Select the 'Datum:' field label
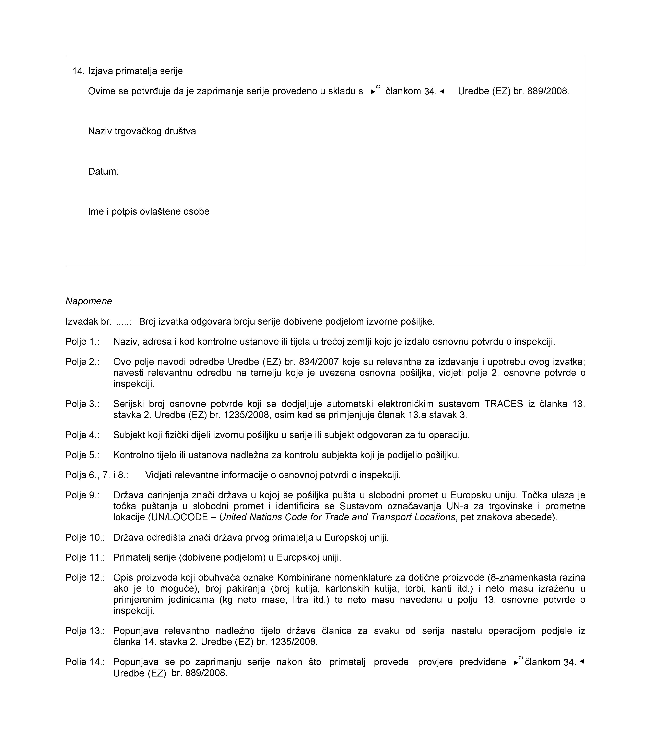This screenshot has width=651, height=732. pos(103,172)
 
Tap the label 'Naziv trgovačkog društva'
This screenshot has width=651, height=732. pos(142,131)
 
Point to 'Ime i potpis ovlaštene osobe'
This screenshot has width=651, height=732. pos(149,212)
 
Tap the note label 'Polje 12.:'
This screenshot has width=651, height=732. pos(85,578)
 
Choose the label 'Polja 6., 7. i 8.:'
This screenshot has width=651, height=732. pos(97,475)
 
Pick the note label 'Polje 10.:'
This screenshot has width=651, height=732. pos(85,538)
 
